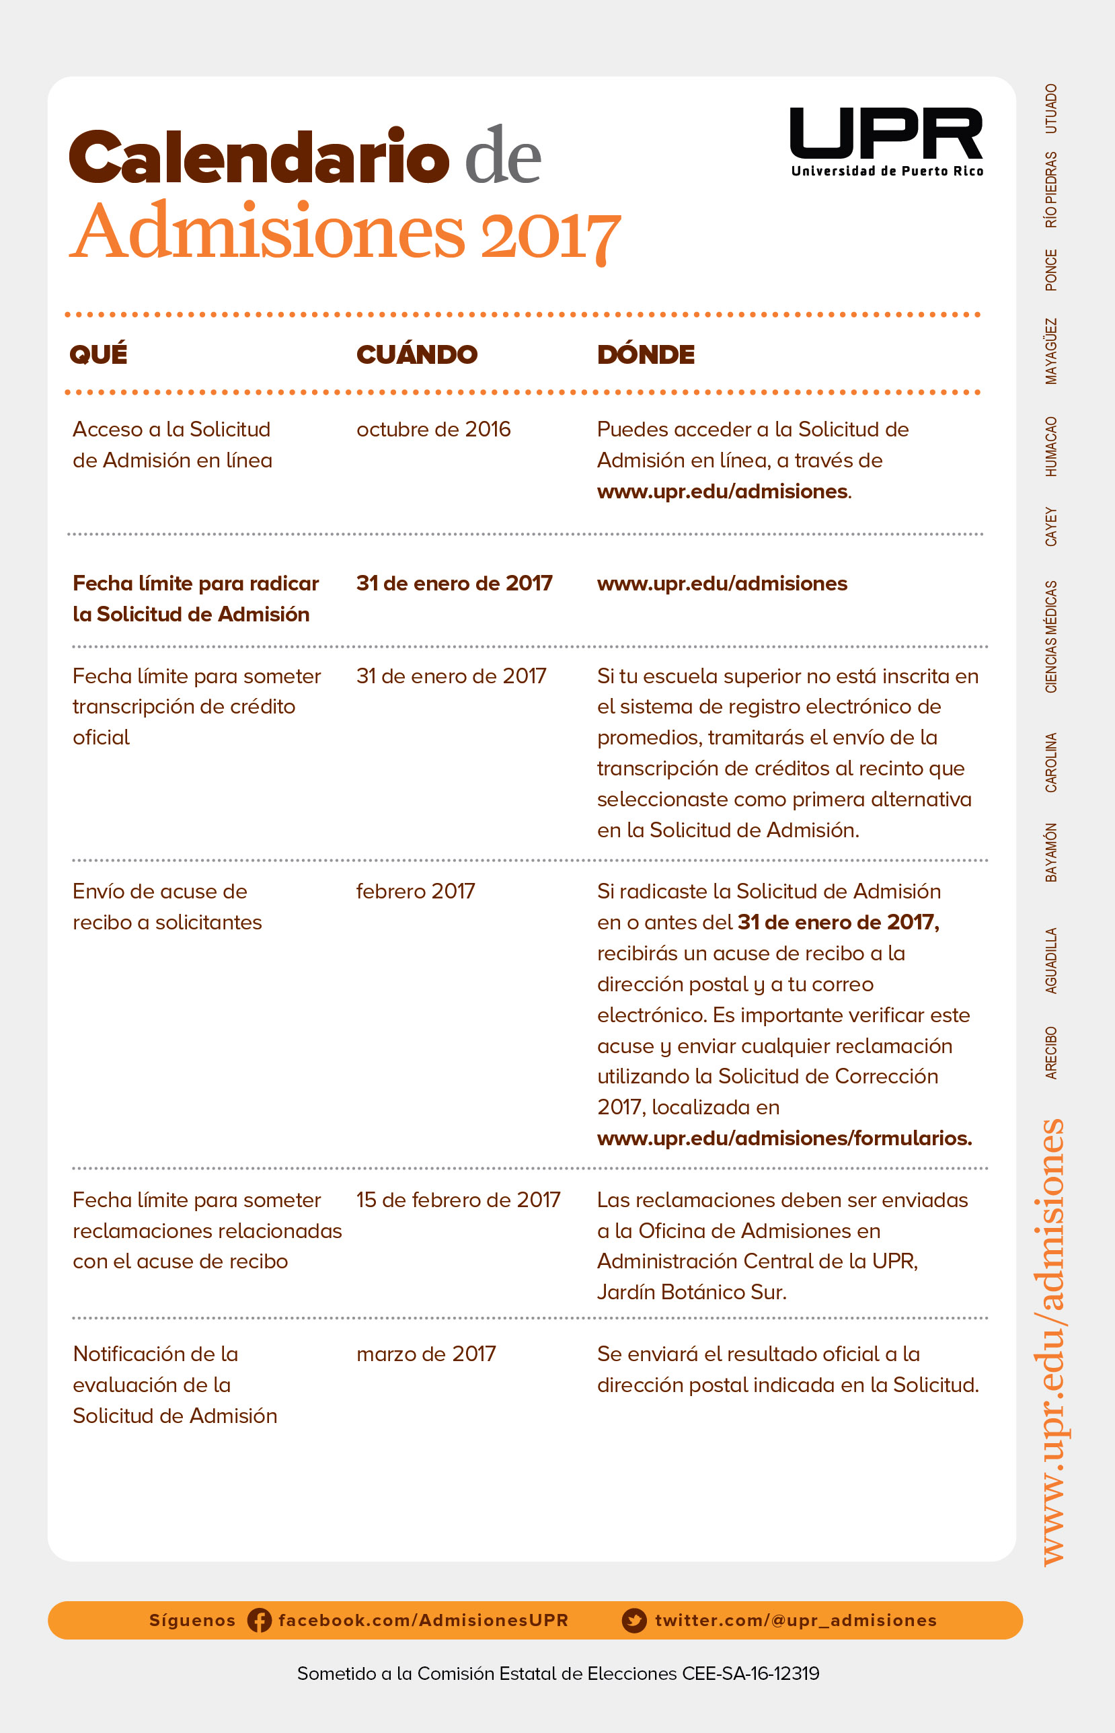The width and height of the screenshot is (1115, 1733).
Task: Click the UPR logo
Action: pyautogui.click(x=886, y=141)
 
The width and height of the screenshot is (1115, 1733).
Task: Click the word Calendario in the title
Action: pyautogui.click(x=259, y=157)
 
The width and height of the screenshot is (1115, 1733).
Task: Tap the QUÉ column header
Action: pyautogui.click(x=98, y=354)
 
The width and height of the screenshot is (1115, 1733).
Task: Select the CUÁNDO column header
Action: pyautogui.click(x=416, y=354)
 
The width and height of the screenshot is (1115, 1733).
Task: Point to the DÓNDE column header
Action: pyautogui.click(x=645, y=354)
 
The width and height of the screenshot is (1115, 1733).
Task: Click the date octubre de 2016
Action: pyautogui.click(x=433, y=429)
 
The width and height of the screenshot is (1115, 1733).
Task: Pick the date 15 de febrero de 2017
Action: pyautogui.click(x=457, y=1200)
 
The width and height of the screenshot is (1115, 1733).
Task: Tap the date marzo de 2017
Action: pyautogui.click(x=426, y=1354)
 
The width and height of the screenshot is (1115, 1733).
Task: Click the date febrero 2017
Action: pyautogui.click(x=415, y=891)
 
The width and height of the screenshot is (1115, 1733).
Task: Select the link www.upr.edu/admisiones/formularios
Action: pyautogui.click(x=783, y=1138)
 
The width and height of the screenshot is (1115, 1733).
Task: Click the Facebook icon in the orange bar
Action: pyautogui.click(x=259, y=1620)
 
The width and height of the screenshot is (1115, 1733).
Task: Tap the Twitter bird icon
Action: pyautogui.click(x=634, y=1620)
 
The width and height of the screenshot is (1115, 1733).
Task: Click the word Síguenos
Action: pyautogui.click(x=192, y=1620)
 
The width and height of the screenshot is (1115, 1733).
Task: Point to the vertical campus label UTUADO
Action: pyautogui.click(x=1050, y=108)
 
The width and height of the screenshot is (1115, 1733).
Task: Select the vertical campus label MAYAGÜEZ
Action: pyautogui.click(x=1050, y=351)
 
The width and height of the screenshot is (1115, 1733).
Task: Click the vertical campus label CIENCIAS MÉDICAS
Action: pyautogui.click(x=1050, y=636)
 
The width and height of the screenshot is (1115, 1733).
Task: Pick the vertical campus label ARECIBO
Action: pyautogui.click(x=1050, y=1052)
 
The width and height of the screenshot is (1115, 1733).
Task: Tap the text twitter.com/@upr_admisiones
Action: pyautogui.click(x=795, y=1620)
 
